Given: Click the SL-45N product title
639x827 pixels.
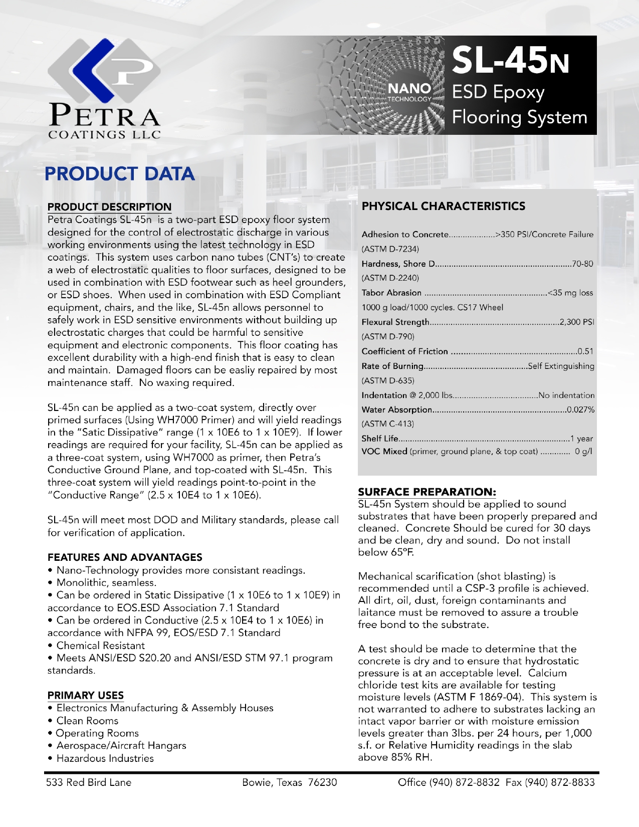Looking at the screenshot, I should click(510, 61).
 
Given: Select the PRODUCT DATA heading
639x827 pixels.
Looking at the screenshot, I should click(120, 174).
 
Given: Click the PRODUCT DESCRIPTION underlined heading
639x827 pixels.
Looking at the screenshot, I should click(109, 206).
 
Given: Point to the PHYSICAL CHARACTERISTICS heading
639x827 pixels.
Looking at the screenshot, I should click(444, 206).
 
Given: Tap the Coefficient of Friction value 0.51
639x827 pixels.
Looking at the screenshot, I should click(585, 351).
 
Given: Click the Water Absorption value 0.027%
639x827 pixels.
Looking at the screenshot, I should click(580, 409).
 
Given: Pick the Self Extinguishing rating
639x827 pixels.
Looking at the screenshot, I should click(561, 366).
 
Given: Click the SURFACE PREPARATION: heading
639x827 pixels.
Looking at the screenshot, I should click(427, 492).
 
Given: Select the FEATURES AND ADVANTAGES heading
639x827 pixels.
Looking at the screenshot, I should click(125, 557).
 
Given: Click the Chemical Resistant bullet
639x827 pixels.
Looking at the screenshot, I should click(100, 646).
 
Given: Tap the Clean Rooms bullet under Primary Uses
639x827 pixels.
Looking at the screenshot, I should click(87, 721).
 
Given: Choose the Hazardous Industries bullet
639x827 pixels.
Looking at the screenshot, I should click(105, 758).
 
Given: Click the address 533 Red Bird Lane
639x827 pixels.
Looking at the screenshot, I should click(89, 782).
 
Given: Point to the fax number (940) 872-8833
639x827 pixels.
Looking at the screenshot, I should click(559, 782).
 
